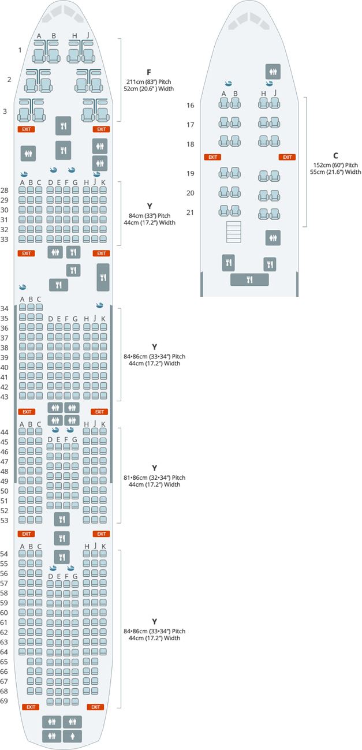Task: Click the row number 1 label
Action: pos(20,50)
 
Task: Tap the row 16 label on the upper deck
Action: pos(191,106)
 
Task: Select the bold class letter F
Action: pos(148,72)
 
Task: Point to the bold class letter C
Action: pos(335,155)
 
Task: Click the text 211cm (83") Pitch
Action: pos(148,81)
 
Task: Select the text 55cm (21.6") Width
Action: pos(335,172)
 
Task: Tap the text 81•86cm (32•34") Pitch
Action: pos(155,477)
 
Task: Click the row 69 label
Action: pos(4,700)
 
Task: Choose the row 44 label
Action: pos(4,432)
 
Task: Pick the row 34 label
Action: pos(4,308)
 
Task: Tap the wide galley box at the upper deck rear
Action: pos(249,280)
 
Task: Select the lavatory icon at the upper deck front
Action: pos(273,72)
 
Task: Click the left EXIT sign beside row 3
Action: pos(26,129)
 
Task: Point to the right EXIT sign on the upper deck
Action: pos(286,157)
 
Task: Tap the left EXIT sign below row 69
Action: pos(31,707)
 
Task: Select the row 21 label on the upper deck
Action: pos(191,212)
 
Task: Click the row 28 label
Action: pos(4,191)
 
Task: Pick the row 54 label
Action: pos(4,554)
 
